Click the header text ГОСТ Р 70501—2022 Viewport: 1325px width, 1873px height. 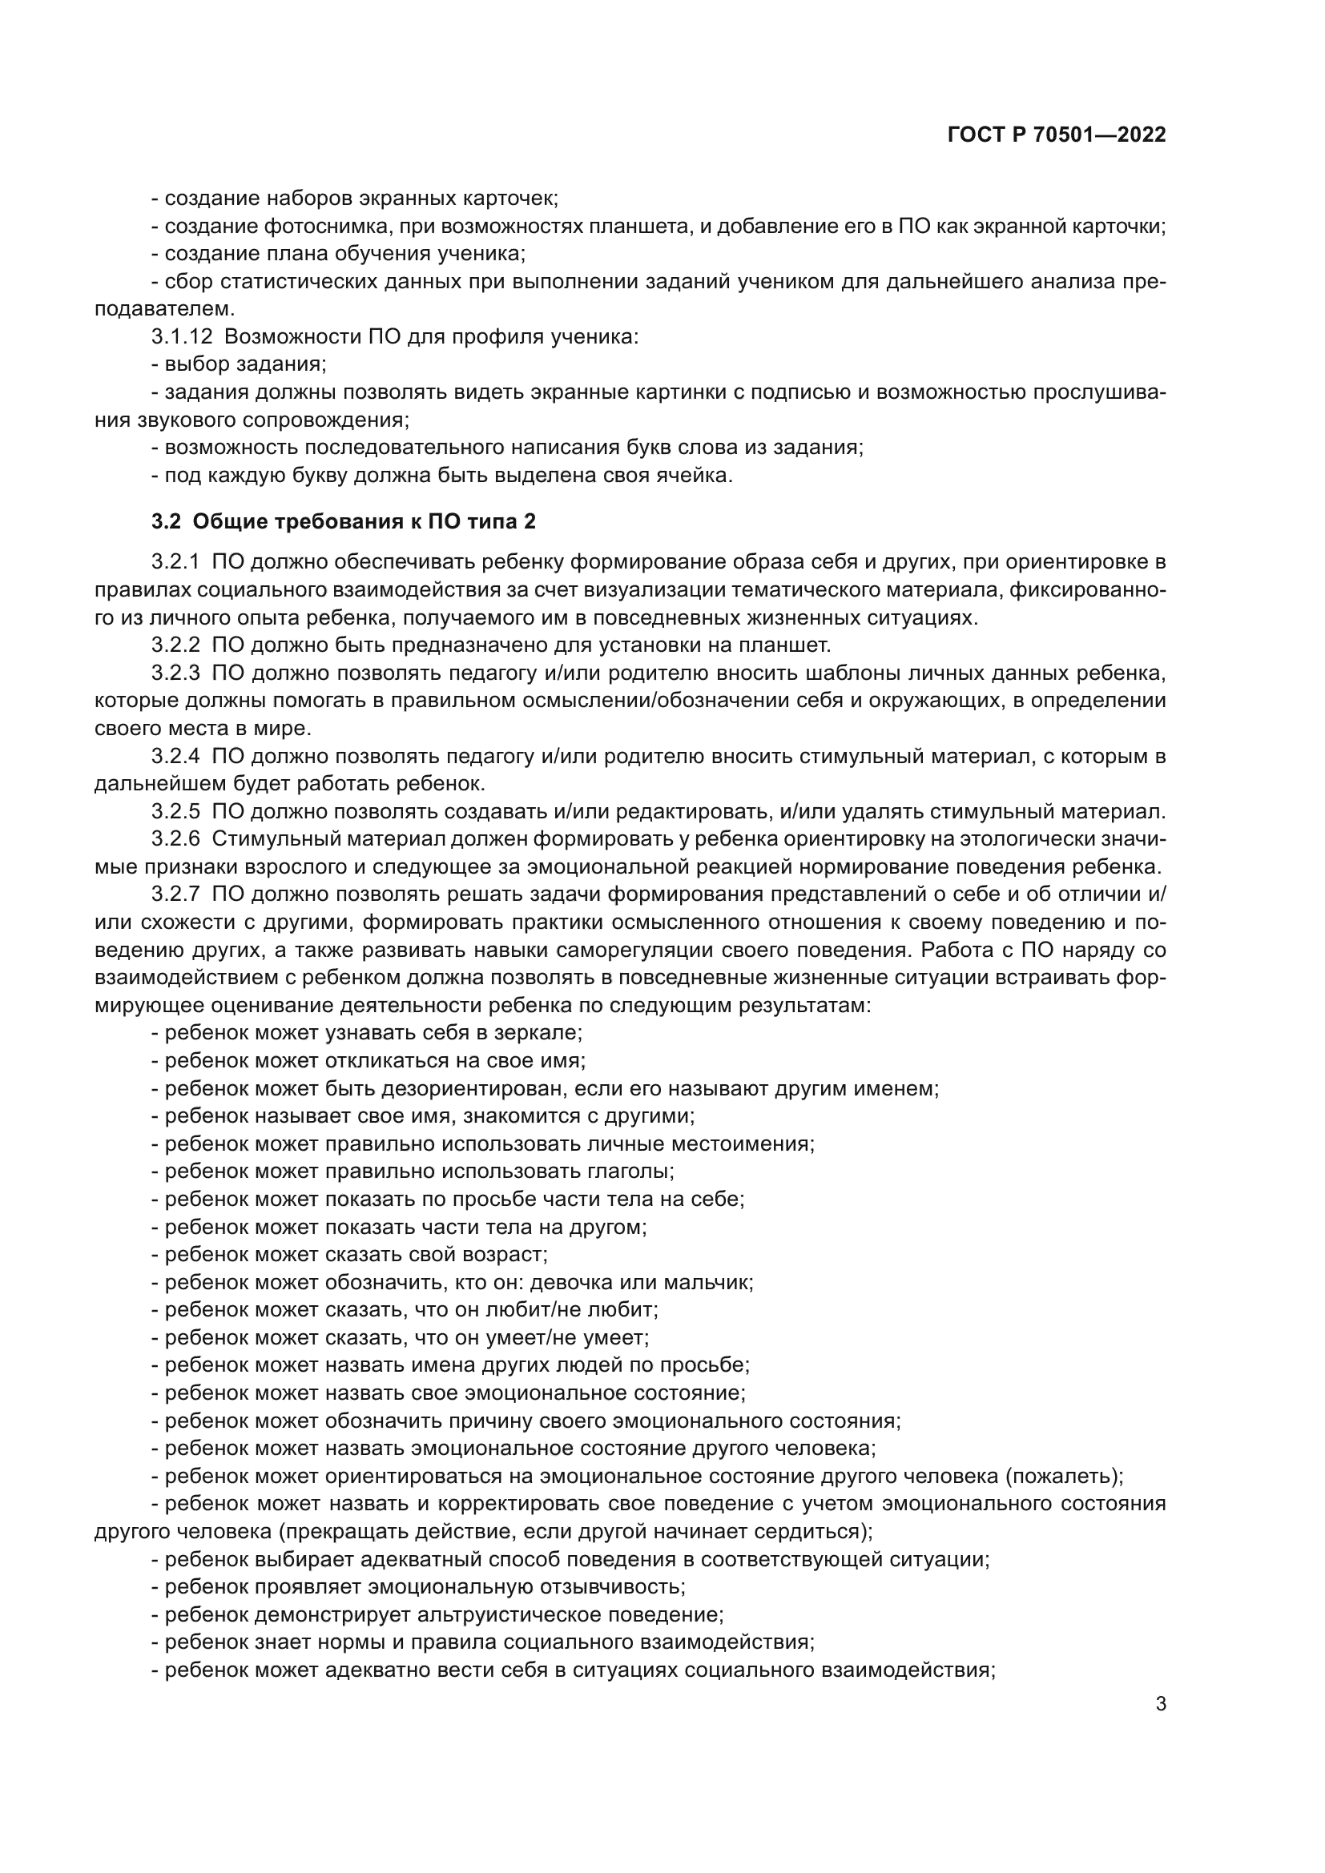pyautogui.click(x=1057, y=135)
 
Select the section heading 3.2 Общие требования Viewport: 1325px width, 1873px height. pyautogui.click(x=343, y=521)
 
